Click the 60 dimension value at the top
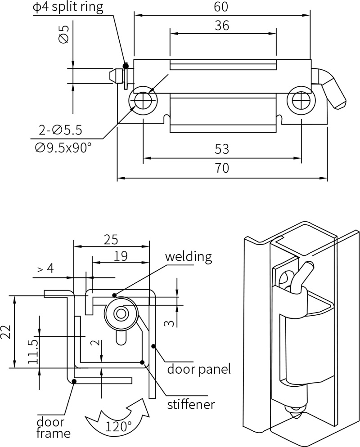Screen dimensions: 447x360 coord(222,7)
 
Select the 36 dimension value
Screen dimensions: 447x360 coord(222,26)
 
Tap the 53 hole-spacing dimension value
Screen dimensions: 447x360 coord(222,149)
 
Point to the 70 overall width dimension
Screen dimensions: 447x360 coord(222,168)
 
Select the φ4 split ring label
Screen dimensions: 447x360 coord(67,7)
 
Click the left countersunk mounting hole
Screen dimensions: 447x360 coord(144,100)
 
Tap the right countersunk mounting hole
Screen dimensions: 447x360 coord(299,100)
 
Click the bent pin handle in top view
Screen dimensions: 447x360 coord(333,89)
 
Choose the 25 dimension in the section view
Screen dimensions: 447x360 coord(112,239)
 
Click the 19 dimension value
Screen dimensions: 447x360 coord(120,256)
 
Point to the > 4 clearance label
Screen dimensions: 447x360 coord(45,268)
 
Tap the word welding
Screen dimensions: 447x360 coord(188,257)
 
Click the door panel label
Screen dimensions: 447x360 coord(199,369)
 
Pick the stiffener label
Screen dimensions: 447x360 coord(191,404)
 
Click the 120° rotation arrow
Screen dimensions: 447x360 coord(118,419)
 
